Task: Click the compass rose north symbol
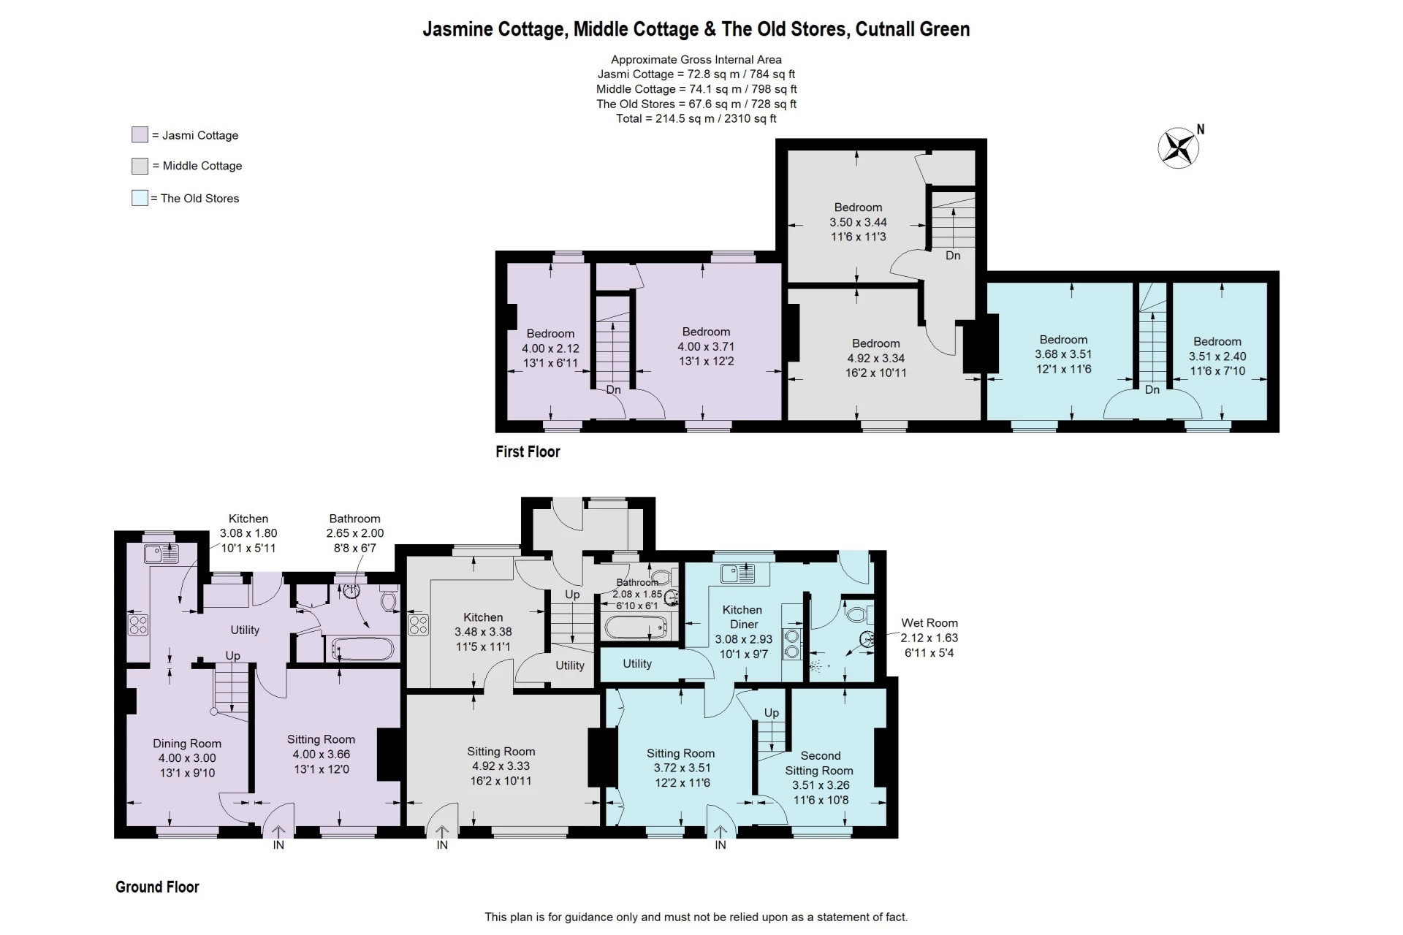click(x=1179, y=148)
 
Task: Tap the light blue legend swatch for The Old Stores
click(x=140, y=198)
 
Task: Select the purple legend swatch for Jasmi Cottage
click(x=140, y=135)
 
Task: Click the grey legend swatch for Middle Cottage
click(x=140, y=166)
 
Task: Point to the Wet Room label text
click(x=929, y=623)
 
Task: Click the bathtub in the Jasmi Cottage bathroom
click(x=362, y=649)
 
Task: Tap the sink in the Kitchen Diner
click(x=737, y=574)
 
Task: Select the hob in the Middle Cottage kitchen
click(x=418, y=625)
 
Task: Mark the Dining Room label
click(x=187, y=744)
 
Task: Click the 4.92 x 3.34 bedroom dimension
click(x=875, y=358)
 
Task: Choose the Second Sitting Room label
click(x=819, y=763)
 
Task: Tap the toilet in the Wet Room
click(x=856, y=613)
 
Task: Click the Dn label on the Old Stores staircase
click(x=1152, y=390)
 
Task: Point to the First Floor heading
click(x=528, y=452)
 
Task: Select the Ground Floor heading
click(x=157, y=888)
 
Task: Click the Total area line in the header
click(x=696, y=118)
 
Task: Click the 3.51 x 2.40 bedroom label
click(x=1217, y=356)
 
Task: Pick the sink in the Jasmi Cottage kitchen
click(x=161, y=554)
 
